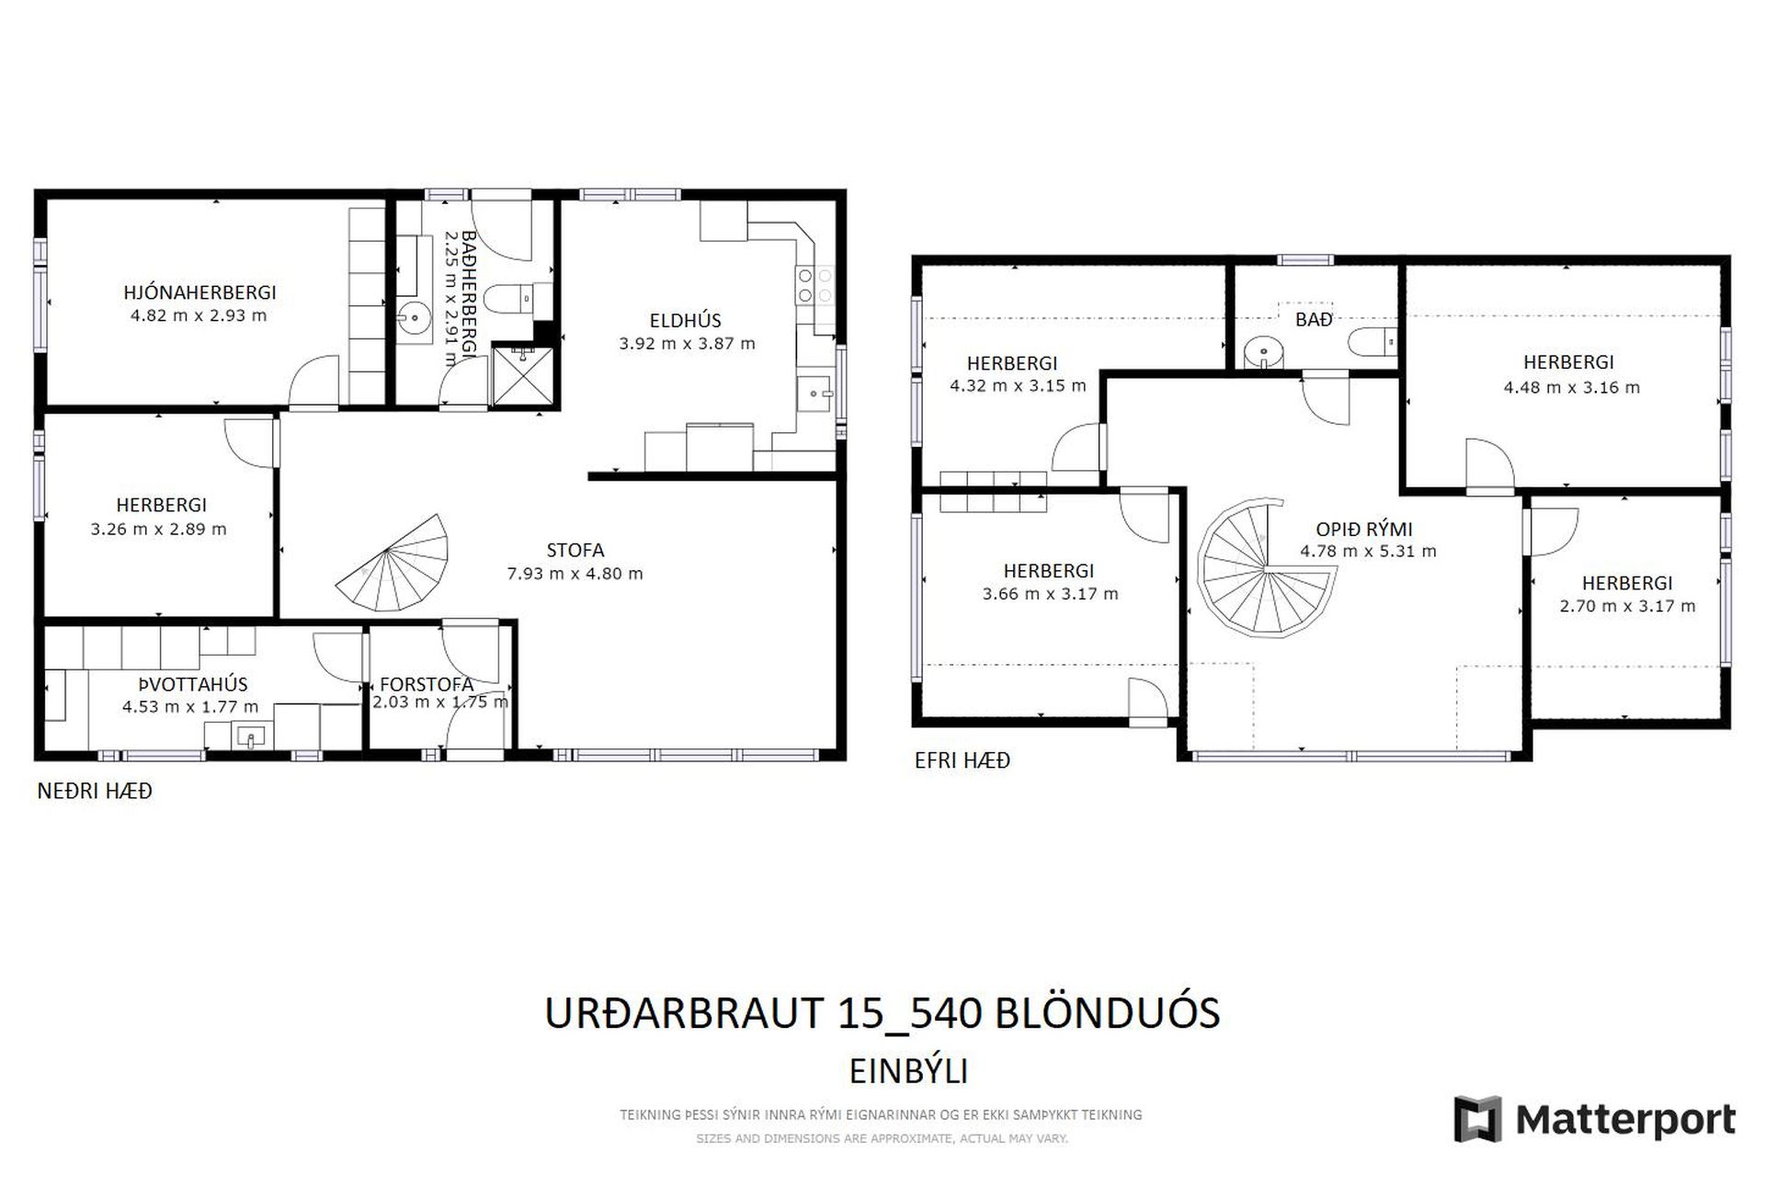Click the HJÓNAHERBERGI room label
point(199,292)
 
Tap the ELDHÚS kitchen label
point(685,320)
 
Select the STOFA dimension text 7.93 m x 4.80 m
point(575,574)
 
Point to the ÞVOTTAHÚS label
point(193,684)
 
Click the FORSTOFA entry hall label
point(427,684)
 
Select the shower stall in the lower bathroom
point(525,376)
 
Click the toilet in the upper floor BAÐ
point(1373,342)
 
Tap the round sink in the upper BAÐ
point(1265,352)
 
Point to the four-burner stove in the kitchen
point(814,284)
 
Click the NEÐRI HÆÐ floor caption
point(95,791)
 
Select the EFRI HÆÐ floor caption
point(962,760)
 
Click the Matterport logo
point(1594,1119)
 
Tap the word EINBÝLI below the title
point(908,1071)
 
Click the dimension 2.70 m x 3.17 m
point(1627,606)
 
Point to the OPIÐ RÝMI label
point(1363,529)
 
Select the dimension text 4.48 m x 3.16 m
point(1571,387)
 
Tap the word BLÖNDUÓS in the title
point(1109,1012)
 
